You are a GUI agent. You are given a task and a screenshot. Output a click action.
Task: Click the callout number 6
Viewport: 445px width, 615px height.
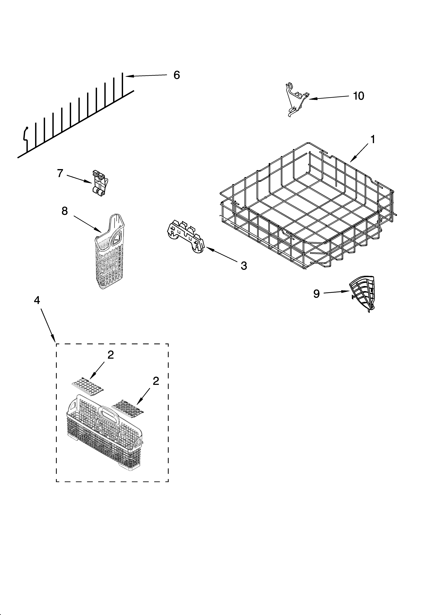click(x=176, y=75)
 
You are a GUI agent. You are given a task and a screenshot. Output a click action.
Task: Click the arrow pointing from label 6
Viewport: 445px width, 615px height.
click(x=146, y=76)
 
